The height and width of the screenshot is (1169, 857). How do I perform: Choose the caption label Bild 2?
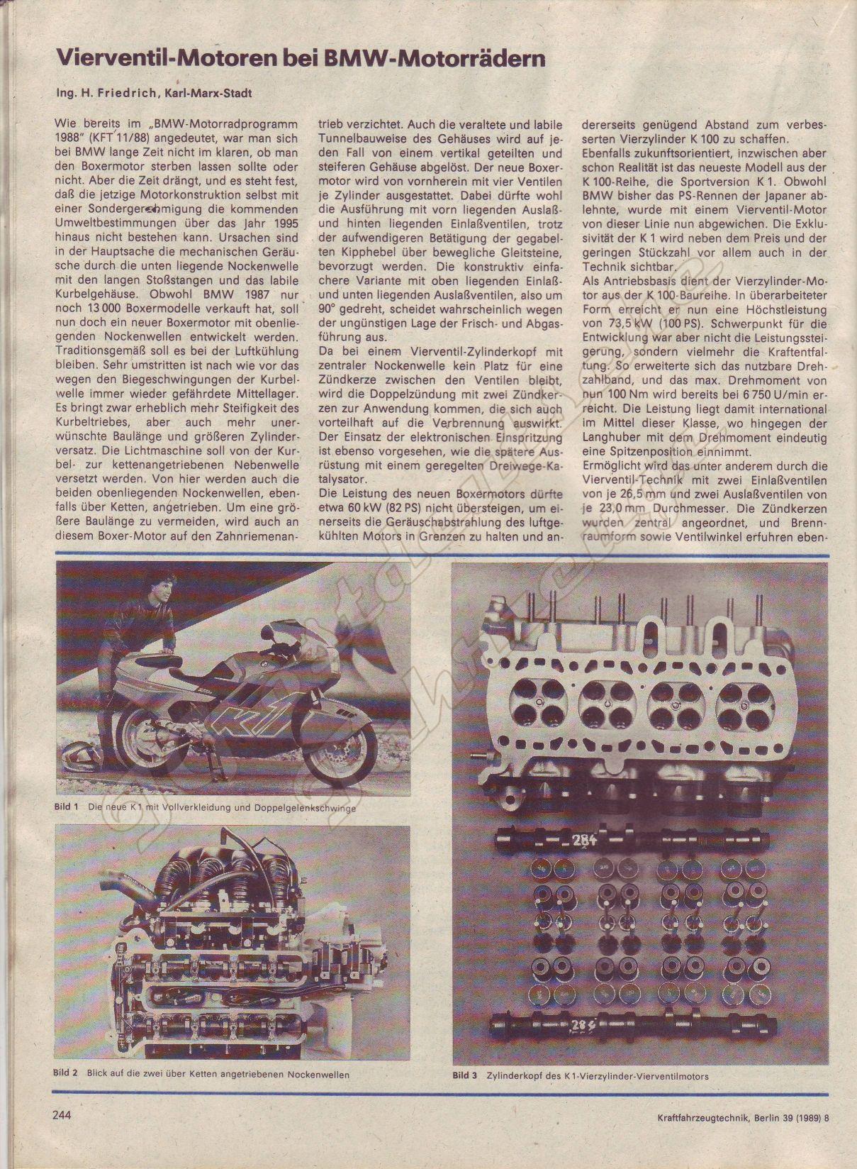pos(66,1073)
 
